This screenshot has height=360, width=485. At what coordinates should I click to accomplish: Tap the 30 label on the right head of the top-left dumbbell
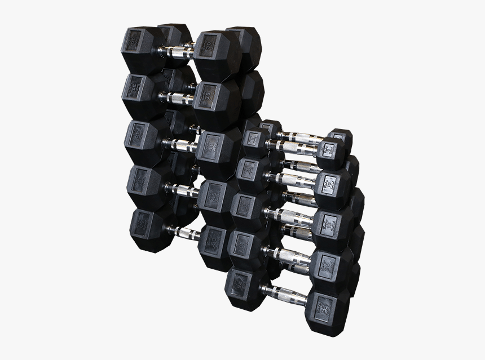(209, 43)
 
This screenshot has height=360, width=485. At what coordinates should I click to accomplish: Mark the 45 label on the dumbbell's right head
(213, 195)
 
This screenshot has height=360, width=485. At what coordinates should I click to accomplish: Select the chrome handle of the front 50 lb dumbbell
(183, 233)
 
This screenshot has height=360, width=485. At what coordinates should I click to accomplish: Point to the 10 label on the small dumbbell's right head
(330, 183)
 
